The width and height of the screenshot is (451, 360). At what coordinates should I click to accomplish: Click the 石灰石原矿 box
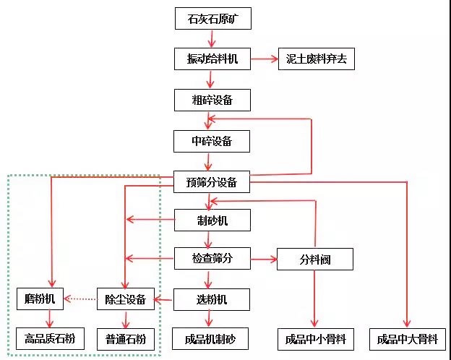[213, 19]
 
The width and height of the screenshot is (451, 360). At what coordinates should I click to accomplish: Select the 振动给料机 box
[213, 59]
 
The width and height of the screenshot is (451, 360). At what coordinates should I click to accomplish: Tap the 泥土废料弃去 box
[317, 59]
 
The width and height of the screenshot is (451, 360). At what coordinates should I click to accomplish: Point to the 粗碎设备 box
[212, 99]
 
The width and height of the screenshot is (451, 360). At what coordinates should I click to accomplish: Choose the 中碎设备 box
[212, 140]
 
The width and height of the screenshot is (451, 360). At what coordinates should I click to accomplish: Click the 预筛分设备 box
[212, 182]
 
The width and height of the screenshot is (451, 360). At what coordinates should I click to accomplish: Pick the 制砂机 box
[212, 220]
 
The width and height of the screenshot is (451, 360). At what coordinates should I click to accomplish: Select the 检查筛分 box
[212, 258]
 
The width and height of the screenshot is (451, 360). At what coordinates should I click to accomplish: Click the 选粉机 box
[212, 299]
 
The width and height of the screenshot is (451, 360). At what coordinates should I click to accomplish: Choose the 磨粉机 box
[40, 298]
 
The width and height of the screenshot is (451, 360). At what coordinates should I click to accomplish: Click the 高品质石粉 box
[50, 338]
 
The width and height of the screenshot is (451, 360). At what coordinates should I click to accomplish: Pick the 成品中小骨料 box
[315, 338]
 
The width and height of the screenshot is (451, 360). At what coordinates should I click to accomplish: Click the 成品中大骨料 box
[407, 338]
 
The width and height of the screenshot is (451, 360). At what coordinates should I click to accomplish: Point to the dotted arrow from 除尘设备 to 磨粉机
[80, 298]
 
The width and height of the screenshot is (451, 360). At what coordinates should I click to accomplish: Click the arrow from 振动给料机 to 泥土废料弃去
[264, 59]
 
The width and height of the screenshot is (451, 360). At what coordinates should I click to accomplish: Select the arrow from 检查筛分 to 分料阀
[264, 258]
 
